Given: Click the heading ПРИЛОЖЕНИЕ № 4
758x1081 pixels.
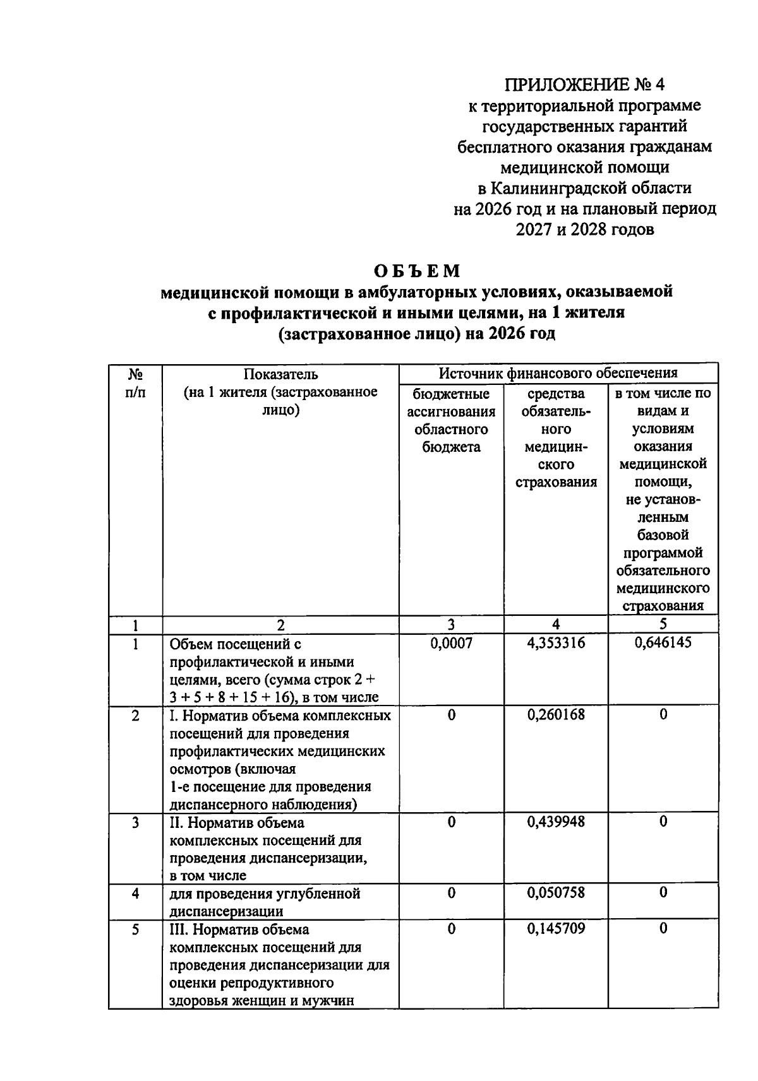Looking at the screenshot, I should pyautogui.click(x=584, y=85).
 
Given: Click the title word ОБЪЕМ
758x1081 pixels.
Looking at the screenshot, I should pyautogui.click(x=417, y=271).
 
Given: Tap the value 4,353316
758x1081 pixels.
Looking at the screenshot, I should pyautogui.click(x=556, y=643).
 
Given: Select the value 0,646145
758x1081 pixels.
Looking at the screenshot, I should pyautogui.click(x=663, y=642).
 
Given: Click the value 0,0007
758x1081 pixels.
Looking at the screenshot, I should pyautogui.click(x=451, y=643).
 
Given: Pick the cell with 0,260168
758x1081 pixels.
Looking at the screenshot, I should pyautogui.click(x=556, y=714).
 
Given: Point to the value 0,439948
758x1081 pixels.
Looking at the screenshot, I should pyautogui.click(x=556, y=822).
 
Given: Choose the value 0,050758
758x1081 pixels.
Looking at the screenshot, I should pyautogui.click(x=556, y=893).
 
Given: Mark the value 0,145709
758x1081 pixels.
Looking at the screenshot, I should pyautogui.click(x=556, y=928).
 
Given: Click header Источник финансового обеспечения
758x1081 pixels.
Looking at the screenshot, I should pyautogui.click(x=558, y=374).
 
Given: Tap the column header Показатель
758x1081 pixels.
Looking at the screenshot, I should pyautogui.click(x=280, y=375).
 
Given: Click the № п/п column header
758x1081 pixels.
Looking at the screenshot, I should pyautogui.click(x=135, y=383).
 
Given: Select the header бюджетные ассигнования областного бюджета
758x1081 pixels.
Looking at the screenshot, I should pyautogui.click(x=451, y=420).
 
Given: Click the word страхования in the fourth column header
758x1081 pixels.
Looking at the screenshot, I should pyautogui.click(x=556, y=483).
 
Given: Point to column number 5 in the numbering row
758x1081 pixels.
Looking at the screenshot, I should pyautogui.click(x=663, y=625).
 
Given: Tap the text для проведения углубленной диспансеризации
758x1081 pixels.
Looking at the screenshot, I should pyautogui.click(x=265, y=902).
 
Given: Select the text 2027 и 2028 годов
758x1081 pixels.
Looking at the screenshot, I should pyautogui.click(x=584, y=230).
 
